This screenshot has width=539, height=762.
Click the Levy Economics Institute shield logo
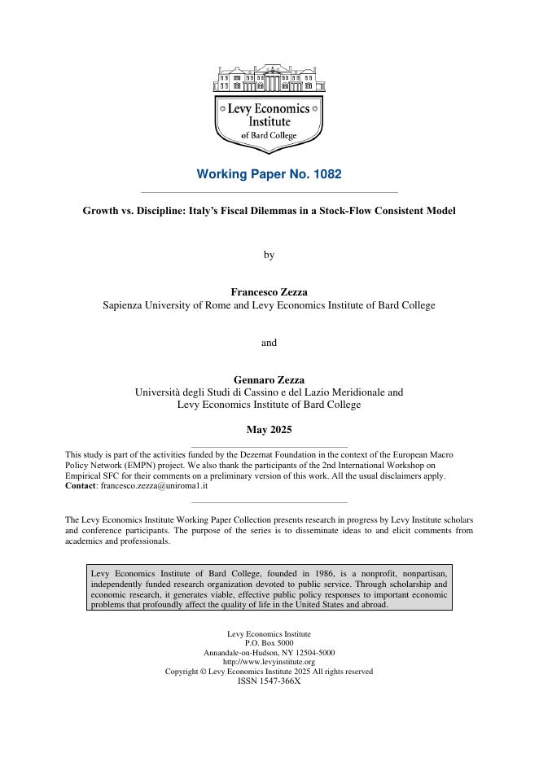point(269,106)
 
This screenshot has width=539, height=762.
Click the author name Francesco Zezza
point(269,291)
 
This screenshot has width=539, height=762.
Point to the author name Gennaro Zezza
point(269,379)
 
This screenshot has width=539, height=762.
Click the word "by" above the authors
point(269,255)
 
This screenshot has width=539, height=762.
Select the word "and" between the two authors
point(269,343)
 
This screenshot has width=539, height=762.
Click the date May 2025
point(269,430)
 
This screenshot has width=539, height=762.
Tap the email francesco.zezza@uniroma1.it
point(154,485)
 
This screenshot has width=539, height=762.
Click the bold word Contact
point(81,485)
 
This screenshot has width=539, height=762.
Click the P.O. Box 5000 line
point(269,643)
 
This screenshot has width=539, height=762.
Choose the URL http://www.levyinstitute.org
point(269,662)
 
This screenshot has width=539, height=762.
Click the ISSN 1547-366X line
point(269,681)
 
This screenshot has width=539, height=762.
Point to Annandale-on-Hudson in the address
point(243,653)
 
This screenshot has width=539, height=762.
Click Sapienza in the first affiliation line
point(124,305)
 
